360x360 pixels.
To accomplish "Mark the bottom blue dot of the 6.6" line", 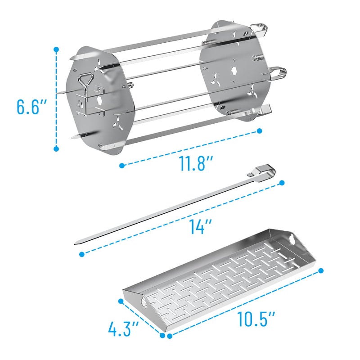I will [56, 148].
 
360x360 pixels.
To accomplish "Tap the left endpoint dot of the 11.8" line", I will [122, 166].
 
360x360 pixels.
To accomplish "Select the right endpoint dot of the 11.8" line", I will [260, 131].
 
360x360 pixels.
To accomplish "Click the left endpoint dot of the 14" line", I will [81, 254].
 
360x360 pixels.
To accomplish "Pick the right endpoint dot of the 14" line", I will [283, 182].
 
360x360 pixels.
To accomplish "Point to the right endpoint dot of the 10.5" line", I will [322, 270].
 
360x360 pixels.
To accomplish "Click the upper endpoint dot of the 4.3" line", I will [121, 301].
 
